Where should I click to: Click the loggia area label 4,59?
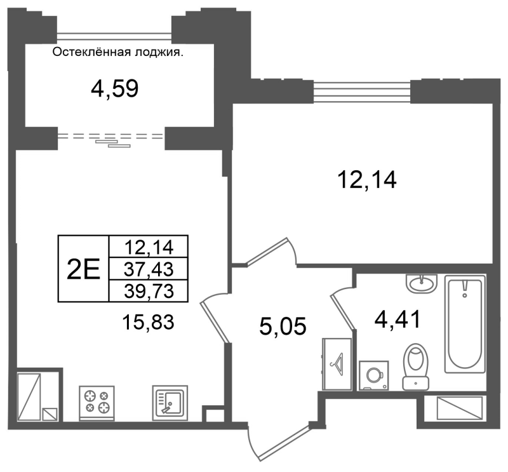115,89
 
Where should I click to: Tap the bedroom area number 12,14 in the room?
367,180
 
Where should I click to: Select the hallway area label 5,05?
283,327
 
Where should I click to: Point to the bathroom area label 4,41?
398,319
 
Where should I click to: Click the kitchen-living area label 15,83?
149,322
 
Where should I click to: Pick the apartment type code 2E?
83,269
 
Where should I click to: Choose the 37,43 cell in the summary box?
149,269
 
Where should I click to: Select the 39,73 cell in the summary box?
149,291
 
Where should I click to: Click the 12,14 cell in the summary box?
149,247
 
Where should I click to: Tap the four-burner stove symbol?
97,403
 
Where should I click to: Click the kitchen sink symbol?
170,403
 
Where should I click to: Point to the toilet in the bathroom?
416,367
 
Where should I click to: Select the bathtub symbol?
465,324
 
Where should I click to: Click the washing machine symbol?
374,375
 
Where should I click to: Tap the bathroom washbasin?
421,284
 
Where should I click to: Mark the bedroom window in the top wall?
362,91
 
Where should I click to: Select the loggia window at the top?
114,36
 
